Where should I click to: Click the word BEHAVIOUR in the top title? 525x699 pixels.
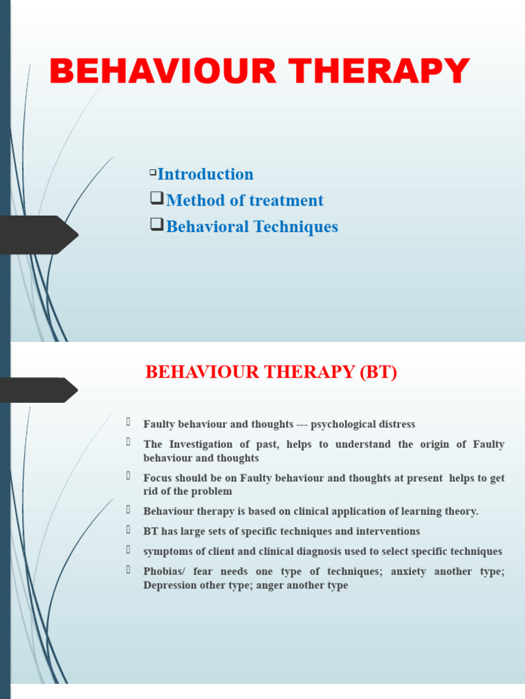pos(141,72)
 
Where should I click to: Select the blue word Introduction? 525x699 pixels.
pos(205,174)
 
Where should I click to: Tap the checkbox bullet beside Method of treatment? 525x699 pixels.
pos(157,199)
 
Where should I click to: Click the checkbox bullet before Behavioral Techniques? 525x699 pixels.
pos(157,225)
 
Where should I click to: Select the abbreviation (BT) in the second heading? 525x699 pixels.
pos(375,373)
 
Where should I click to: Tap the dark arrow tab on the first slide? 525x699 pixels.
pos(38,235)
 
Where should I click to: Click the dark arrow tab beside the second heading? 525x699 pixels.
pos(38,390)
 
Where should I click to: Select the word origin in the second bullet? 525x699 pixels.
pos(431,444)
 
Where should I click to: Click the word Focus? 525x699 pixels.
pos(158,478)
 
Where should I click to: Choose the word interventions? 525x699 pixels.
pos(388,531)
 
